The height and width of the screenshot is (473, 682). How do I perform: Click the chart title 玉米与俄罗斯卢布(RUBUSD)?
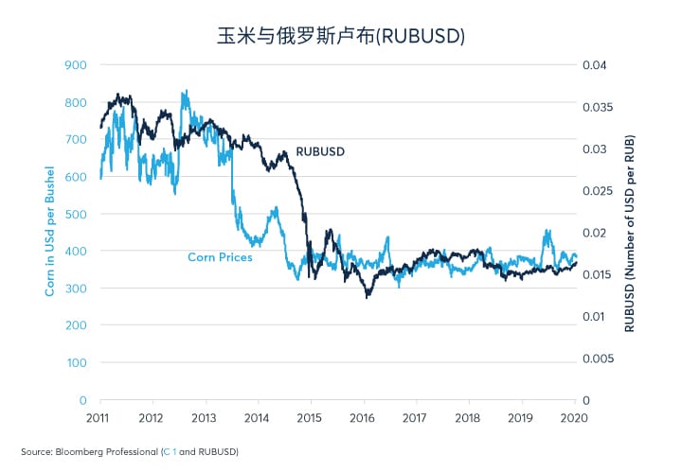[x=340, y=35]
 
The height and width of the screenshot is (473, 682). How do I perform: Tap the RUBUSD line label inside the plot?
[x=320, y=151]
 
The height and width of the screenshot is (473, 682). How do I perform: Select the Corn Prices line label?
[x=220, y=256]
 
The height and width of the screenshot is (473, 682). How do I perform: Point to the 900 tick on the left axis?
[x=76, y=65]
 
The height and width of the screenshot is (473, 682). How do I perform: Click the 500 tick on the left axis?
[x=76, y=214]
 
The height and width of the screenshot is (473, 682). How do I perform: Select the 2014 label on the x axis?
[x=257, y=417]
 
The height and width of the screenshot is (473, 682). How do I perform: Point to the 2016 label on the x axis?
[x=362, y=417]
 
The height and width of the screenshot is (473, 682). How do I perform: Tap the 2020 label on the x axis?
[x=573, y=417]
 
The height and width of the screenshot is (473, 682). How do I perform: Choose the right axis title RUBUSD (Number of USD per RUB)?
[x=630, y=233]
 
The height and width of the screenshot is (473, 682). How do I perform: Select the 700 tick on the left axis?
[x=76, y=139]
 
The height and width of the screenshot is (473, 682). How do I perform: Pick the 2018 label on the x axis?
[x=467, y=417]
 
